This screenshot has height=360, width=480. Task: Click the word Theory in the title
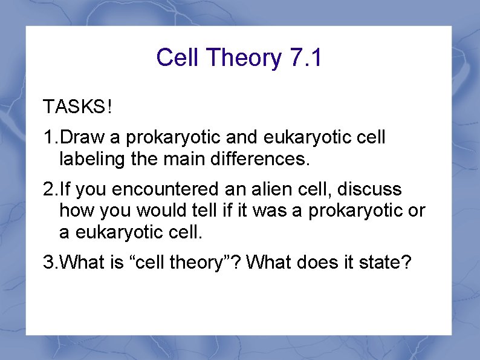click(244, 59)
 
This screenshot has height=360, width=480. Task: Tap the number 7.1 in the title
click(306, 58)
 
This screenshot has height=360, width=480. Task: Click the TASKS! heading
click(77, 108)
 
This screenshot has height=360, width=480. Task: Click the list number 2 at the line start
click(48, 189)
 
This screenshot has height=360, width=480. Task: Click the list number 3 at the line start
click(48, 263)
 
